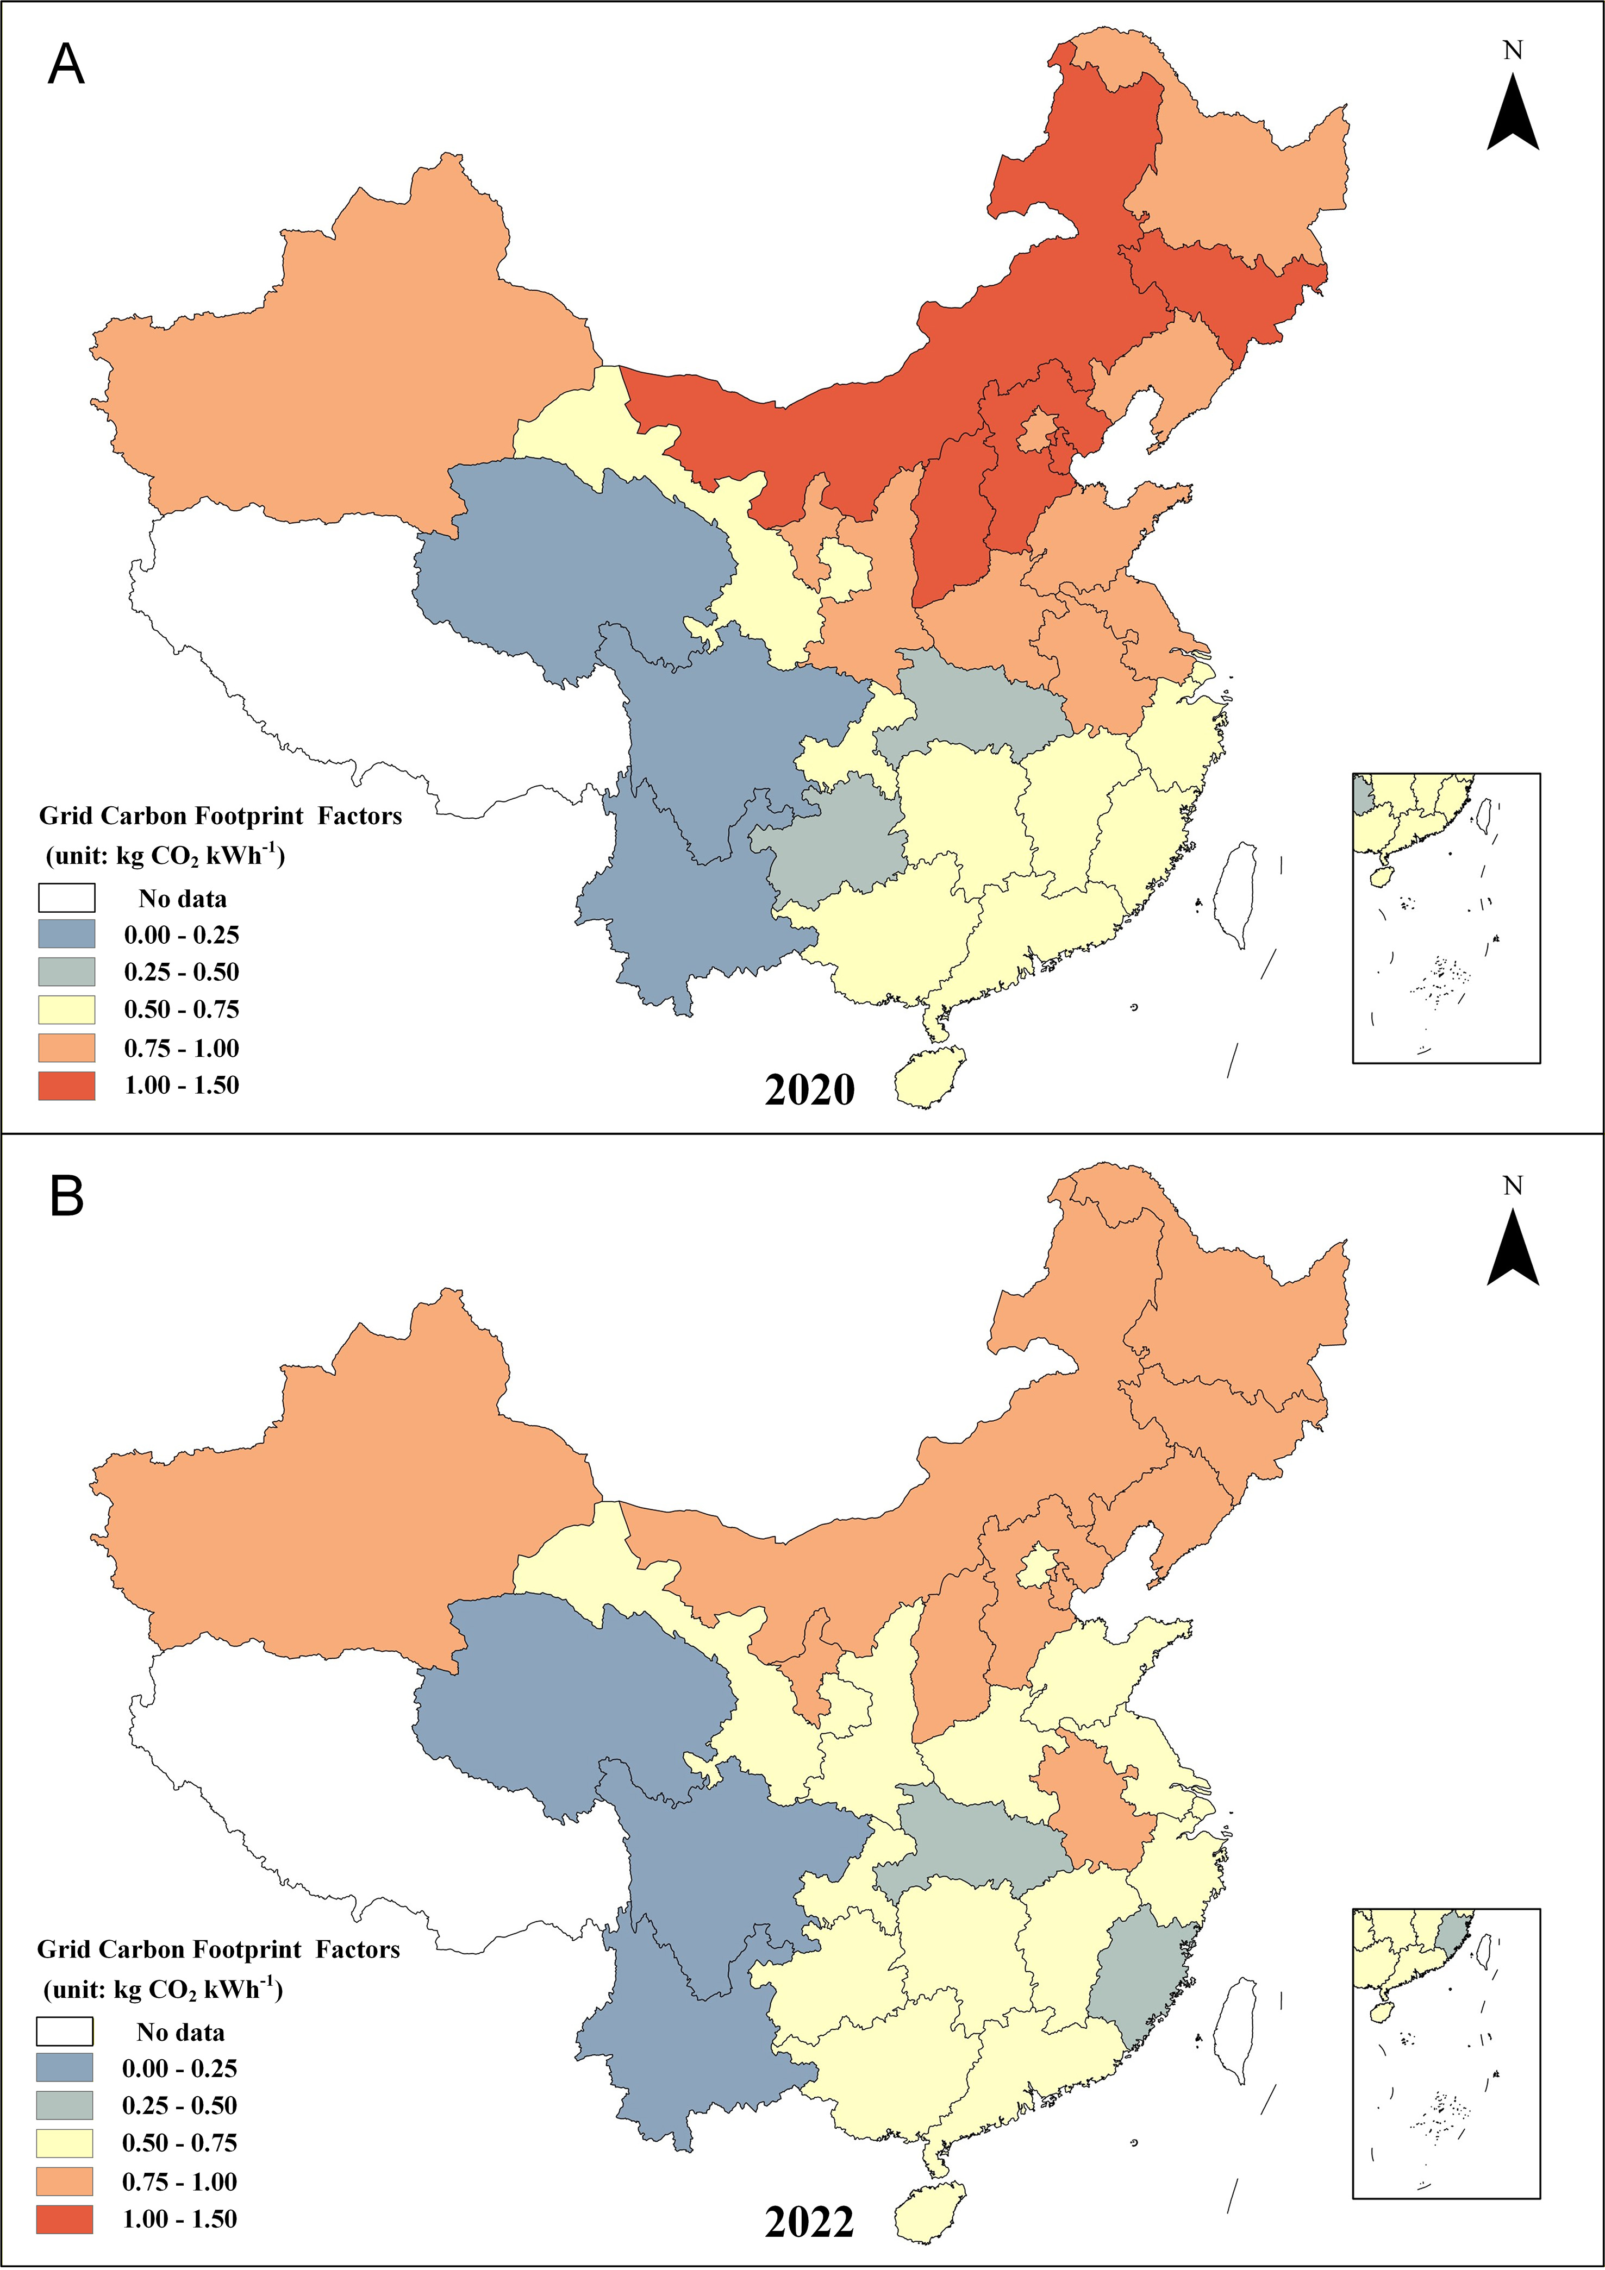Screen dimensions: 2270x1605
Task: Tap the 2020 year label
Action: [809, 1089]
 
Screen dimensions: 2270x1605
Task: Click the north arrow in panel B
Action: [1512, 1247]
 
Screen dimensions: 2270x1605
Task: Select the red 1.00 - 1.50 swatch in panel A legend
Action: [66, 1086]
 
